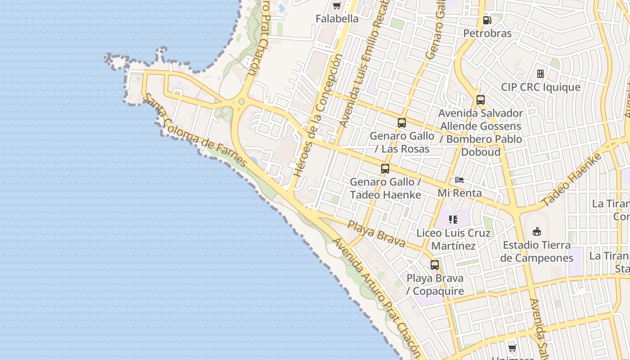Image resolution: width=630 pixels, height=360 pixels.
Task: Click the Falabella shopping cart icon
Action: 337,6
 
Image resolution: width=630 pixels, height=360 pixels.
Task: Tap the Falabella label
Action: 337,19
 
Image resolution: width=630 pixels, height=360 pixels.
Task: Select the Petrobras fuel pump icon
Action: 487,20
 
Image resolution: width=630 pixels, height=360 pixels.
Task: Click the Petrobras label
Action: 487,33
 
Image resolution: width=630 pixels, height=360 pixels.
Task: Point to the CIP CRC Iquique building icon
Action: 540,74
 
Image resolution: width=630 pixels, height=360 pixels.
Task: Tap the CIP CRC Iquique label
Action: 540,87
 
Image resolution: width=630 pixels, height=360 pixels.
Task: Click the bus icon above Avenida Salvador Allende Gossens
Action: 481,100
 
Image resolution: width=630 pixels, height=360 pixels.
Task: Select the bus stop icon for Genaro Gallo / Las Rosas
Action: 402,122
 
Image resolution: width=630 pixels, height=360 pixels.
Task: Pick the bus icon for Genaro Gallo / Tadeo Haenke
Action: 385,169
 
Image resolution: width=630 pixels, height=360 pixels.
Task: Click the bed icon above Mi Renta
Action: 459,180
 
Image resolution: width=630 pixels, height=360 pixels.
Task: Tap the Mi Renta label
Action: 459,193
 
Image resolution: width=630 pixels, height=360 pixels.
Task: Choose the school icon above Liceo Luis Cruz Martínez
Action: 453,220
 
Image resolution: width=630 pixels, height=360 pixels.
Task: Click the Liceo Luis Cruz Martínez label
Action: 453,239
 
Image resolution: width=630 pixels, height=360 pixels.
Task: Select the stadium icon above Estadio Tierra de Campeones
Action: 536,232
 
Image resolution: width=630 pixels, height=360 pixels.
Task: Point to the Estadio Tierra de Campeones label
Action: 536,252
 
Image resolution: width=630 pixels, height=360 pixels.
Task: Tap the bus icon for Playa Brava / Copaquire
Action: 435,265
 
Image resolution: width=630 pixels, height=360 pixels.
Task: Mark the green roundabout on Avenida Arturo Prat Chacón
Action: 242,102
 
